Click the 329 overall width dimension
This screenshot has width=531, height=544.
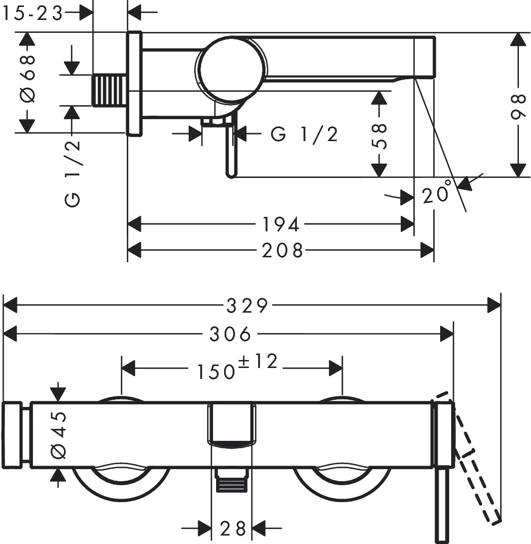(247, 305)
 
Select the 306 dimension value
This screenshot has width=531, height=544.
(230, 334)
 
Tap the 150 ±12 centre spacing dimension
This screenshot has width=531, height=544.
(237, 368)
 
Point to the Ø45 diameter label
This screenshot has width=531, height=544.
(58, 435)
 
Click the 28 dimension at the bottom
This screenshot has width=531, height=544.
(233, 527)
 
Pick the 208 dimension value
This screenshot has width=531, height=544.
(283, 250)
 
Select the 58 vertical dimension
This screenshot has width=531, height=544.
(380, 136)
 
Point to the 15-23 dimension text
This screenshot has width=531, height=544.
(33, 14)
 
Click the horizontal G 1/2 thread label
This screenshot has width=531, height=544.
(304, 134)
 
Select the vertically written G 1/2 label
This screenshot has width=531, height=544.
(72, 173)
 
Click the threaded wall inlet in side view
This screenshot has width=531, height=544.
(109, 90)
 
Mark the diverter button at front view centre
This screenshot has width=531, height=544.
(232, 424)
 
